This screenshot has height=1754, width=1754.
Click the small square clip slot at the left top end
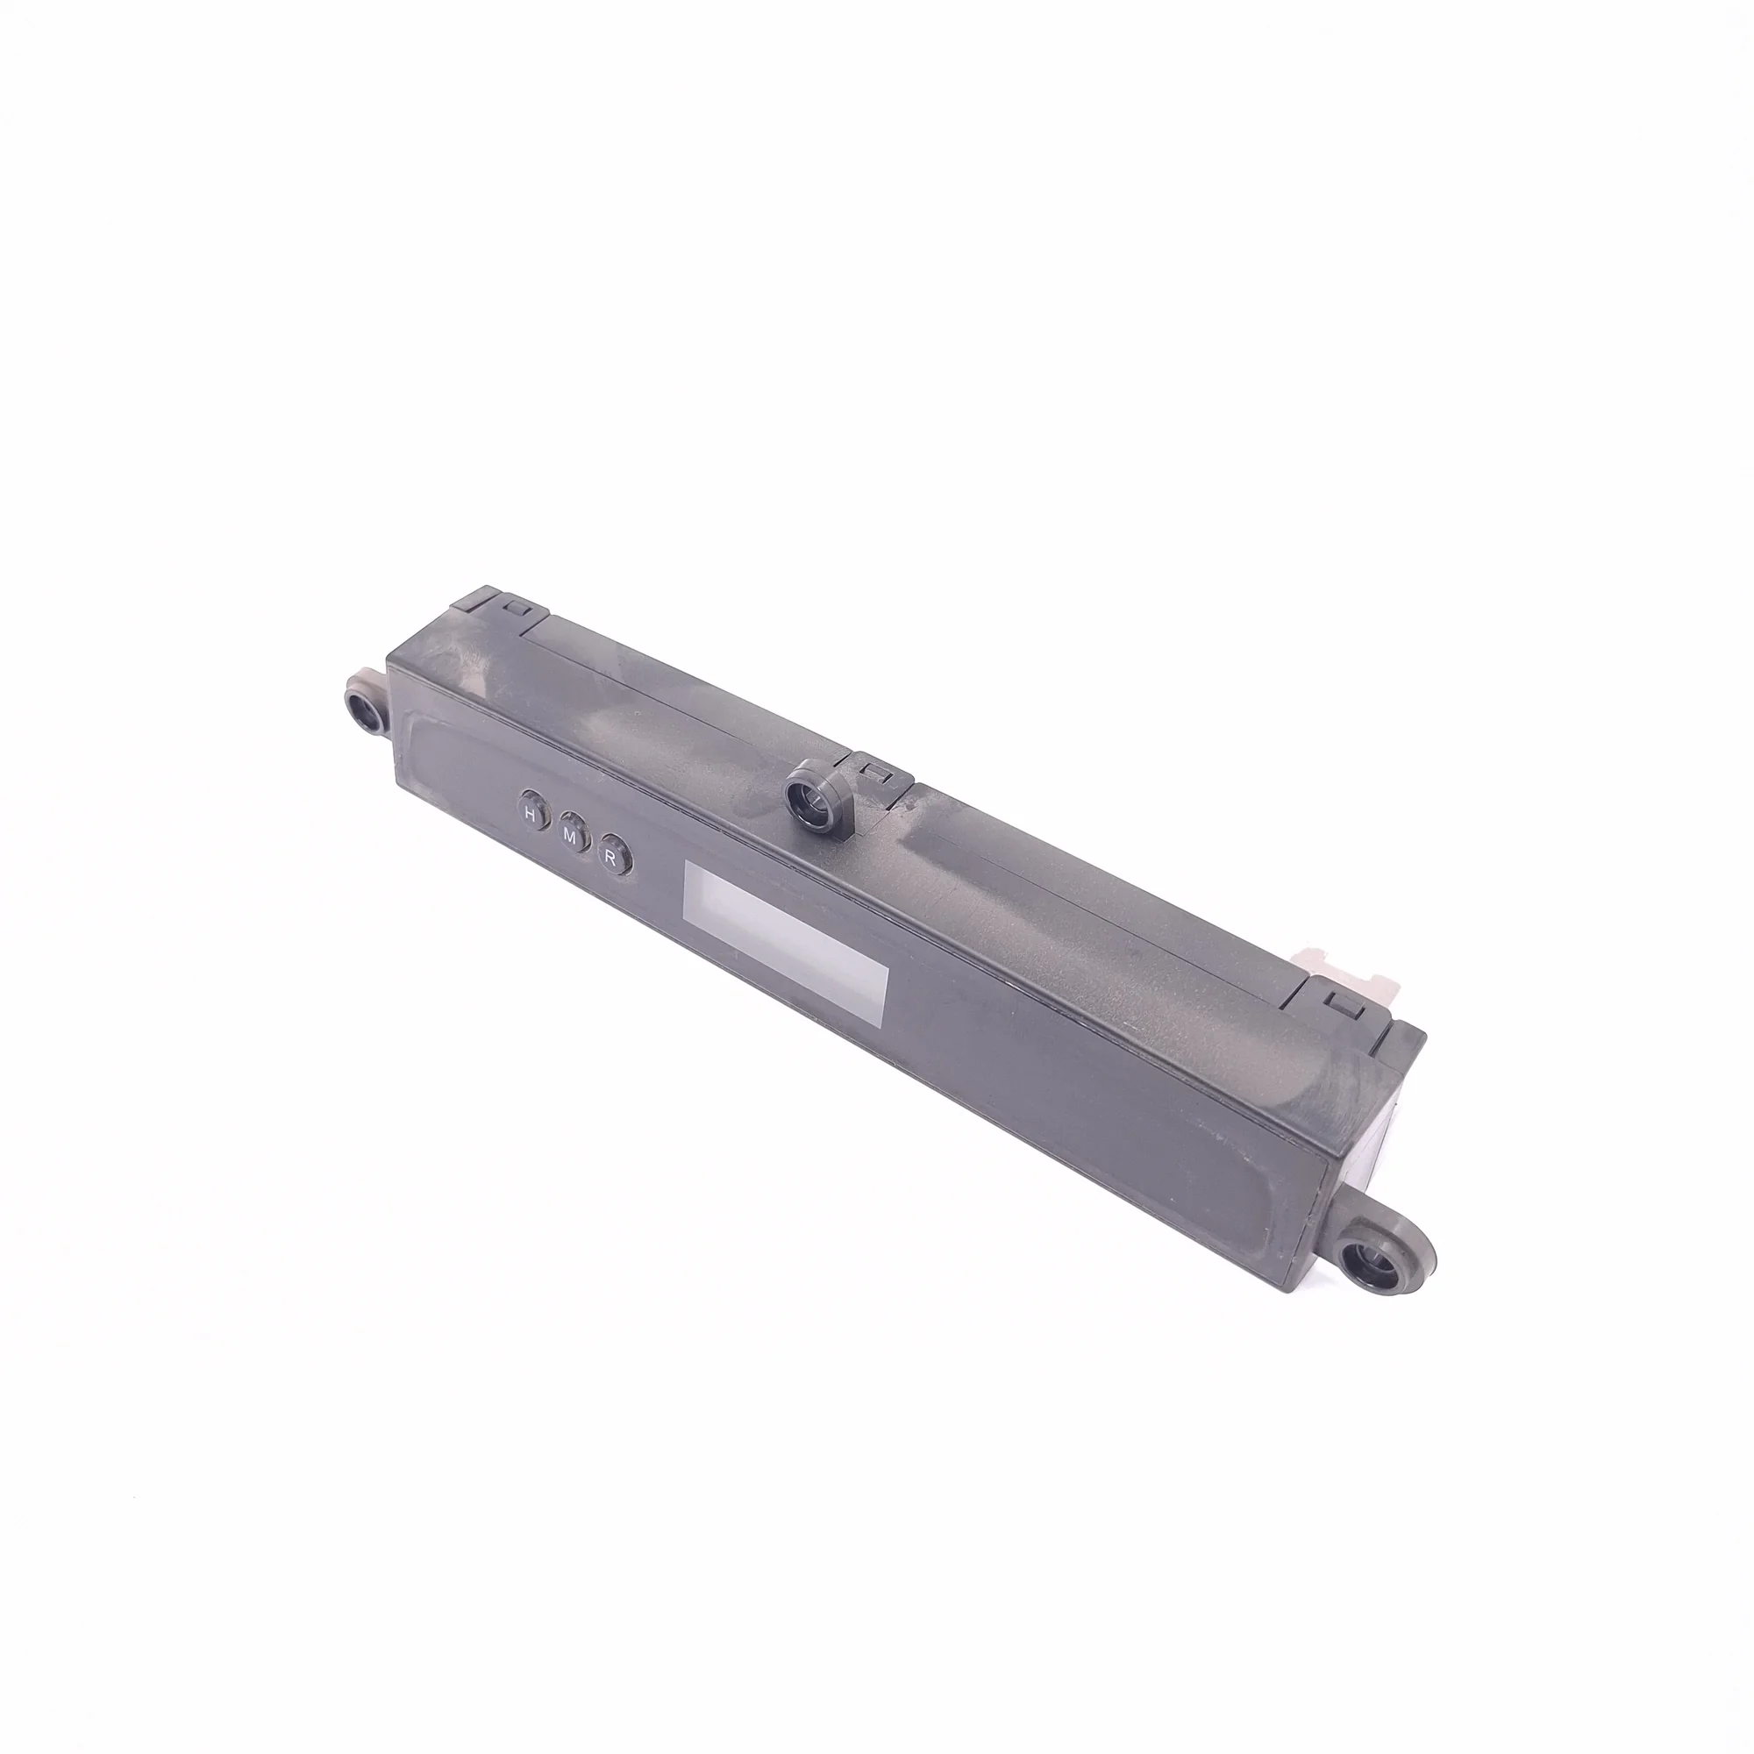(x=518, y=605)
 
